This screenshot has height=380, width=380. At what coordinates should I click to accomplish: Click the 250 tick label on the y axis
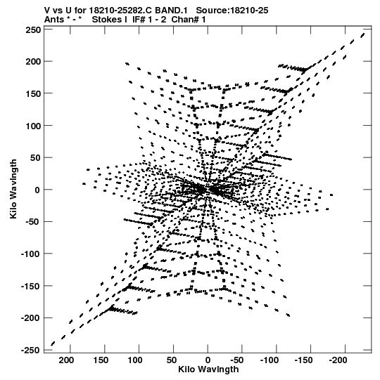click(33, 30)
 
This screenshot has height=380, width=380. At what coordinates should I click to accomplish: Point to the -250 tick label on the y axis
click(31, 350)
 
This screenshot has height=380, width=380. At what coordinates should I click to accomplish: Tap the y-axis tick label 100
click(33, 126)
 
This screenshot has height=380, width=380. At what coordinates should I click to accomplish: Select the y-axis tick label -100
click(31, 254)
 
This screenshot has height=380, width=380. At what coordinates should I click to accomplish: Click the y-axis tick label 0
click(37, 190)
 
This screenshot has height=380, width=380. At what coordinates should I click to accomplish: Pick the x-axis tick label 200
click(66, 360)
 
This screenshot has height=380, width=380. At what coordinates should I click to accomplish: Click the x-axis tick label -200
click(338, 360)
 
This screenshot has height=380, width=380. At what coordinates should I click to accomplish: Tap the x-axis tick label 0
click(208, 360)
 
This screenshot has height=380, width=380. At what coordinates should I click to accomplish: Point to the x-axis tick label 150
click(101, 360)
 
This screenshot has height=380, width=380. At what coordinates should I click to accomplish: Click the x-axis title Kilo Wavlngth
click(208, 369)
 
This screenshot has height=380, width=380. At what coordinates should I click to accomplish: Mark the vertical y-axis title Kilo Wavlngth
click(13, 189)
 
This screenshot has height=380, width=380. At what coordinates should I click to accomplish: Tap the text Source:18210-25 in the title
click(232, 11)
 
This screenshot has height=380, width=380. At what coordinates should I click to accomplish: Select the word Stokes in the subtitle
click(106, 20)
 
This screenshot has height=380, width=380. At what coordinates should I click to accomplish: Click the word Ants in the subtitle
click(54, 20)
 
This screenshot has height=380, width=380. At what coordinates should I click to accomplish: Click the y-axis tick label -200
click(31, 318)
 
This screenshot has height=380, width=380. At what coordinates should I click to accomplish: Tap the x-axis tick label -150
click(303, 360)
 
